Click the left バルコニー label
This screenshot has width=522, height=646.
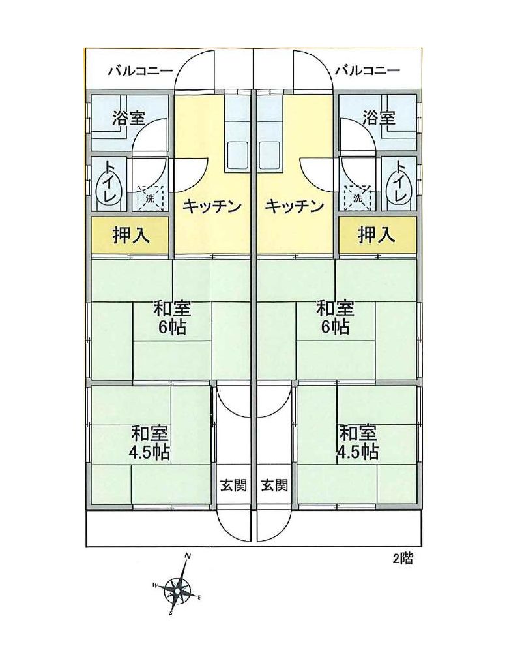(x=140, y=71)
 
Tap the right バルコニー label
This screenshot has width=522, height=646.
(x=368, y=71)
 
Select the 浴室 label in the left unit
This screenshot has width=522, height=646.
(x=129, y=119)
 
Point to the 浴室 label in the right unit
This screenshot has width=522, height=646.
(x=379, y=119)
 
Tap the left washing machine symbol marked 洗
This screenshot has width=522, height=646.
(x=150, y=198)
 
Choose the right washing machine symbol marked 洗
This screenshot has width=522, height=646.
(x=358, y=198)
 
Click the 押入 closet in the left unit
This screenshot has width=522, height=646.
(x=130, y=236)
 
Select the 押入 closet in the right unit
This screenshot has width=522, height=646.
(x=377, y=236)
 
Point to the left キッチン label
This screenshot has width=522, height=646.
(x=211, y=206)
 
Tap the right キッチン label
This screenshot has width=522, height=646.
(x=293, y=206)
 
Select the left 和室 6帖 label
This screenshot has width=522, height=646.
(x=172, y=318)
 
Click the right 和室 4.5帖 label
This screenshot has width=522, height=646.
(x=358, y=443)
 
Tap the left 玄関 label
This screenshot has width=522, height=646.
(x=233, y=485)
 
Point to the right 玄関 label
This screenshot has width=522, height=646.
(x=274, y=485)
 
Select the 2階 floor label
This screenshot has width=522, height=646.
(x=402, y=559)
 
